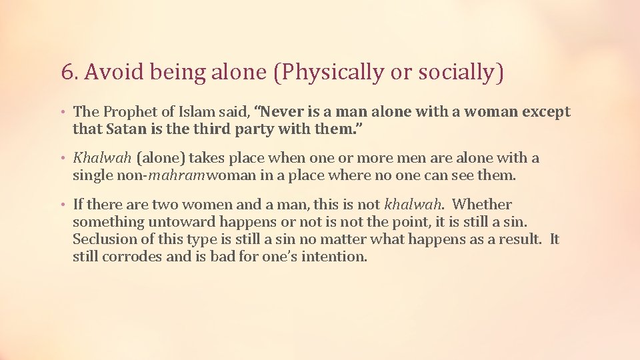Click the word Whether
click(x=481, y=205)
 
